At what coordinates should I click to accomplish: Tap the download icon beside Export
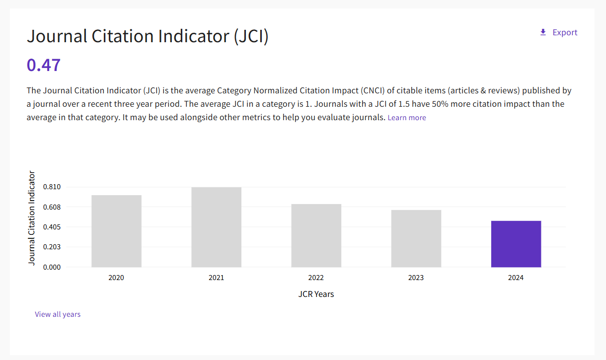tap(543, 32)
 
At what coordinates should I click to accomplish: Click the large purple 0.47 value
tap(44, 65)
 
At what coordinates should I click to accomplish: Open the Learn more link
tap(407, 118)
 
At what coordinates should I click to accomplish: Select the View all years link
tap(58, 314)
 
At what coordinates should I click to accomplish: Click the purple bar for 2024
tap(516, 244)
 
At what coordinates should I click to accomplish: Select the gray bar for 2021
tap(217, 227)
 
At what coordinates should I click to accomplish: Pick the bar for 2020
tap(116, 231)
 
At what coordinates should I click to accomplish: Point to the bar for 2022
tap(316, 235)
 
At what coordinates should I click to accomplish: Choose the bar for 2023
tap(416, 238)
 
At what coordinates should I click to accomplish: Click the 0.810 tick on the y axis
tap(52, 187)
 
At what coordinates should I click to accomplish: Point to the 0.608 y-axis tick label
tap(52, 207)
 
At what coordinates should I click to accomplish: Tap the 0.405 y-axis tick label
tap(52, 227)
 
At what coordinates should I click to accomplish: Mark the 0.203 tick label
tap(52, 247)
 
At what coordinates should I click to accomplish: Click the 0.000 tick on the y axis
tap(52, 267)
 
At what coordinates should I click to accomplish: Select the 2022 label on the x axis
tap(316, 278)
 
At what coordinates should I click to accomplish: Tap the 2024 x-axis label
tap(516, 278)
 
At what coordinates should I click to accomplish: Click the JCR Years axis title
tap(316, 294)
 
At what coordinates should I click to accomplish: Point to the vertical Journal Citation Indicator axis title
tap(32, 218)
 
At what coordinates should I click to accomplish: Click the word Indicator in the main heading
tap(194, 36)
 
